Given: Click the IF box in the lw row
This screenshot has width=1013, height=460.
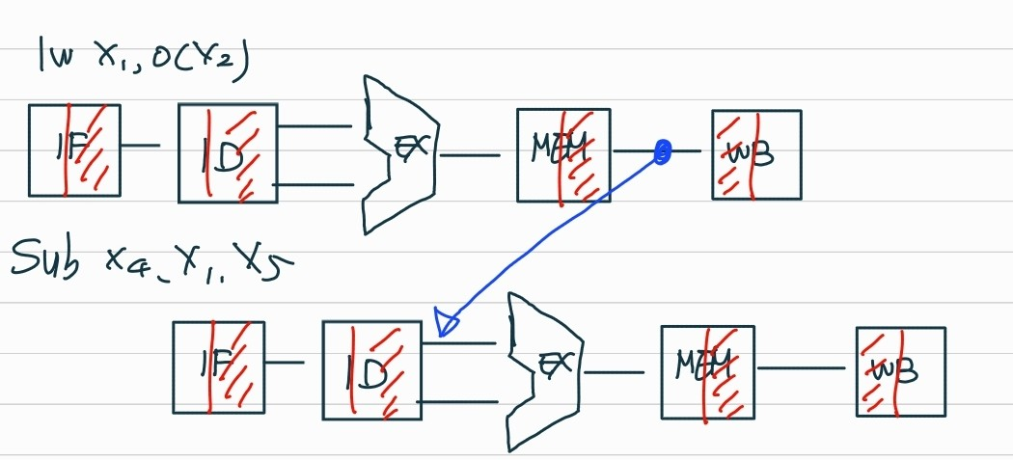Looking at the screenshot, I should coord(74,149).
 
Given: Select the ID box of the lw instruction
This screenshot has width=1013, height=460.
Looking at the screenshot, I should coord(228,152).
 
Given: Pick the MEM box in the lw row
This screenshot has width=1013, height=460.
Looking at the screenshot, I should coord(562,154).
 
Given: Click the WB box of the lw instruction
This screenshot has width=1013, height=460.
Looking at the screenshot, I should coord(756,154).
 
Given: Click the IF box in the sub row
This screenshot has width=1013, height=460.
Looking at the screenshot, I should coord(217,366).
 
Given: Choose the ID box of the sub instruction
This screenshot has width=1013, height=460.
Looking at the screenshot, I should coord(371,369).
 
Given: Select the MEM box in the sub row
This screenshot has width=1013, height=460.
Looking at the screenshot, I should coord(707,369).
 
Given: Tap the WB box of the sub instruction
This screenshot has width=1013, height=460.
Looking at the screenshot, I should coord(900,371).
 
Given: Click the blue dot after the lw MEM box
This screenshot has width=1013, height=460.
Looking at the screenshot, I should coord(662,151).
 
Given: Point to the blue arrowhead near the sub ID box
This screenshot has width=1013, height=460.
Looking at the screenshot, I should coord(446,322).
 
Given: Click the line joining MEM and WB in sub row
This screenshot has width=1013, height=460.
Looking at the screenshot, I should coord(805,368).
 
